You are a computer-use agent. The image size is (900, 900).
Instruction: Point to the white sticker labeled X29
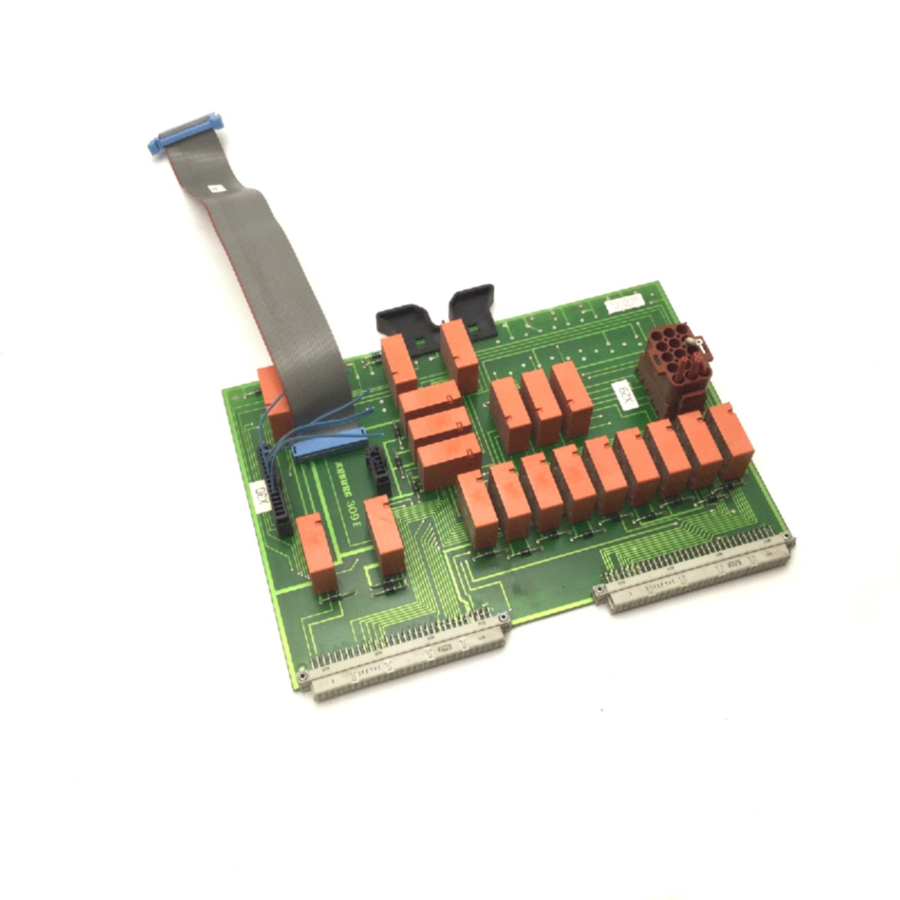coord(623,396)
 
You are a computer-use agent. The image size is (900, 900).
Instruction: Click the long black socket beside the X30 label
coord(276,492)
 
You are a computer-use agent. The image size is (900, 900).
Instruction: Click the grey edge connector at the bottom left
coord(408,660)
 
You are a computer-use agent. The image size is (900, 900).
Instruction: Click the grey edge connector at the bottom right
coord(694,573)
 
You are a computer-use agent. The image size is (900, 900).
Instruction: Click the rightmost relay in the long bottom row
coord(734,439)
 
